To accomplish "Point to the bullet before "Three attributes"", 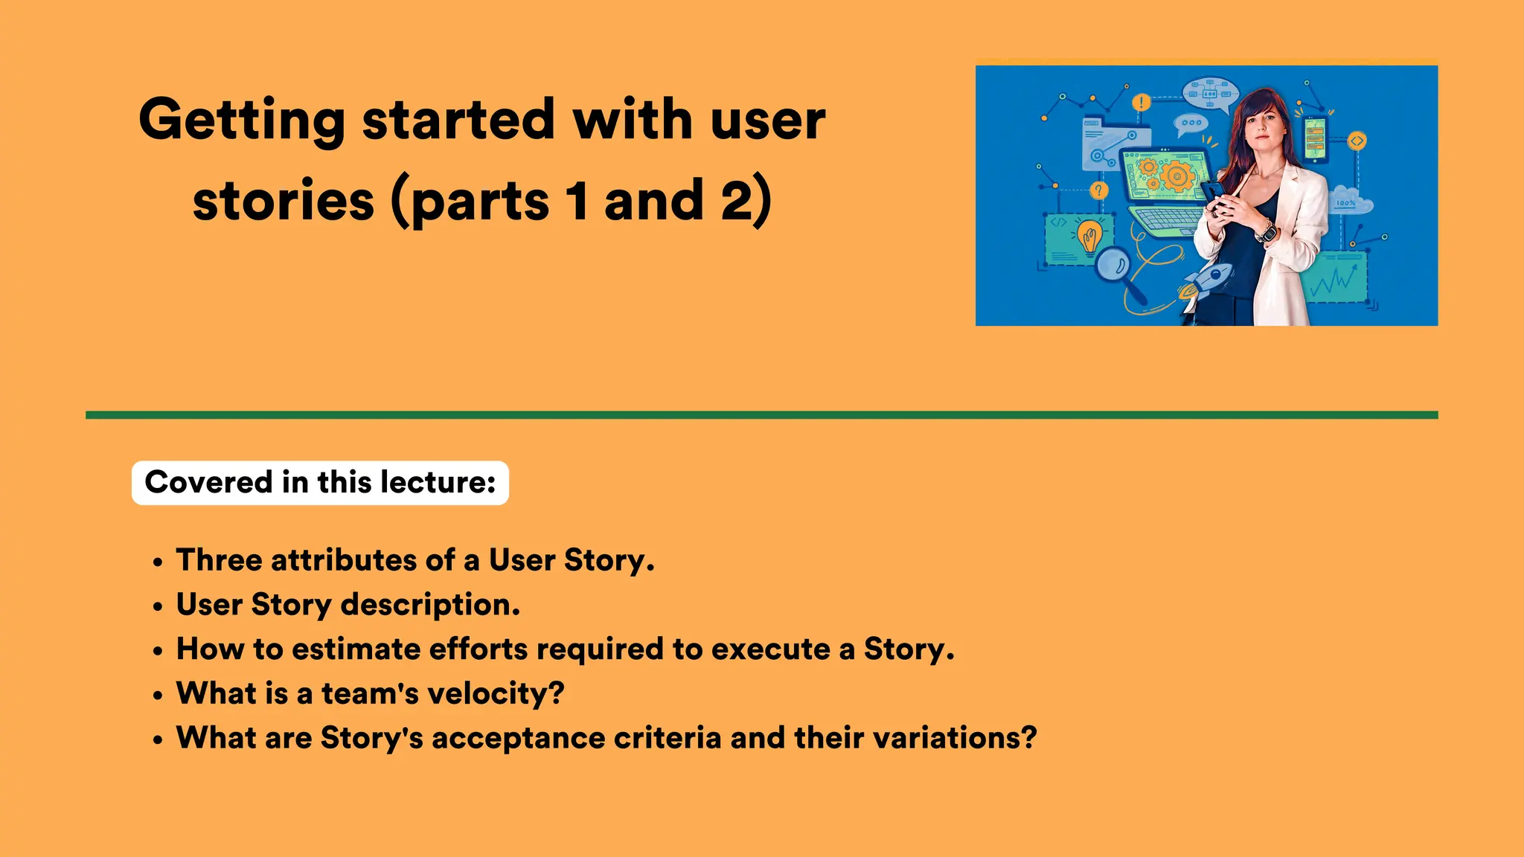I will tap(157, 563).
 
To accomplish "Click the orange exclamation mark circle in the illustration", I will tap(1141, 103).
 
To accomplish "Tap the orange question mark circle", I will tap(1098, 190).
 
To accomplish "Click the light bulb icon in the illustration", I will tap(1089, 237).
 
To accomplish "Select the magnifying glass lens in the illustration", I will tap(1113, 264).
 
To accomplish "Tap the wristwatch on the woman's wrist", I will tap(1267, 233).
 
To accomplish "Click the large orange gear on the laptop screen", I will tap(1177, 176).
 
